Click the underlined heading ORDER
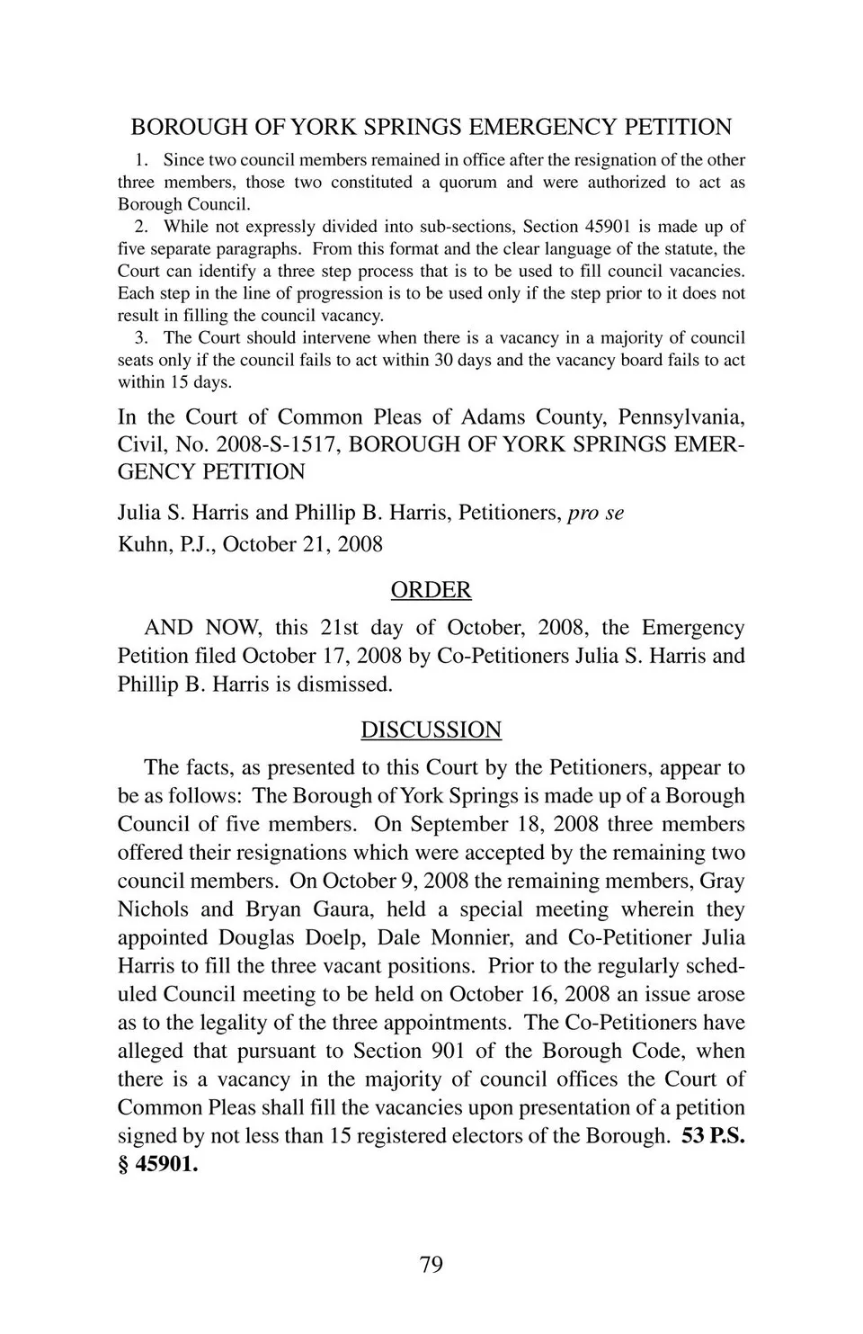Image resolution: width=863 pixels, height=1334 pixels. pos(431,590)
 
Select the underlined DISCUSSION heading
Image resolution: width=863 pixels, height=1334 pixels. pos(431,730)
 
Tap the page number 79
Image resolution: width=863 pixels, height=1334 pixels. pos(431,1265)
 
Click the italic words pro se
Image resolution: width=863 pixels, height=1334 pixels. pos(596,513)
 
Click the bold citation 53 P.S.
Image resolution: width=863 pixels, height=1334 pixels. pos(713,1135)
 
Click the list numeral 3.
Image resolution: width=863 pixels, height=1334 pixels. pos(140,338)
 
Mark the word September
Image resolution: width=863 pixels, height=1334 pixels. pos(458,824)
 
